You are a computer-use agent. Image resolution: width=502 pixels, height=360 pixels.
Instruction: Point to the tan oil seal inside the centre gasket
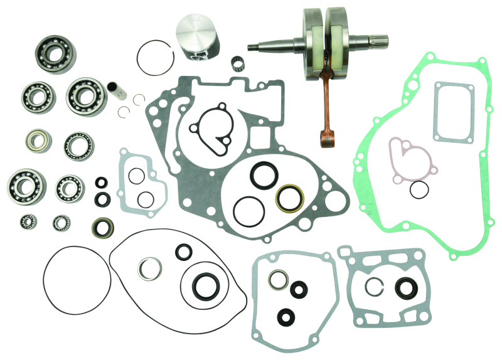click(x=290, y=197)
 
